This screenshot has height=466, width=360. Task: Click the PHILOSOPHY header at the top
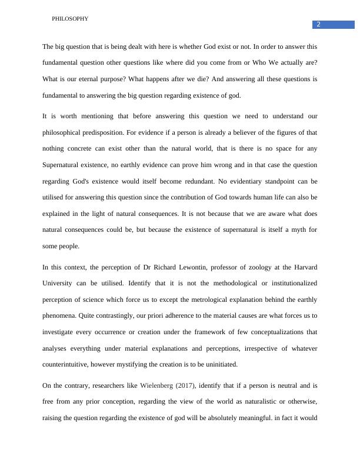click(70, 19)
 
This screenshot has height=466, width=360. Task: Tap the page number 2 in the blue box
click(318, 24)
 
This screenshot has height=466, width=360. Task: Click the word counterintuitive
click(72, 364)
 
